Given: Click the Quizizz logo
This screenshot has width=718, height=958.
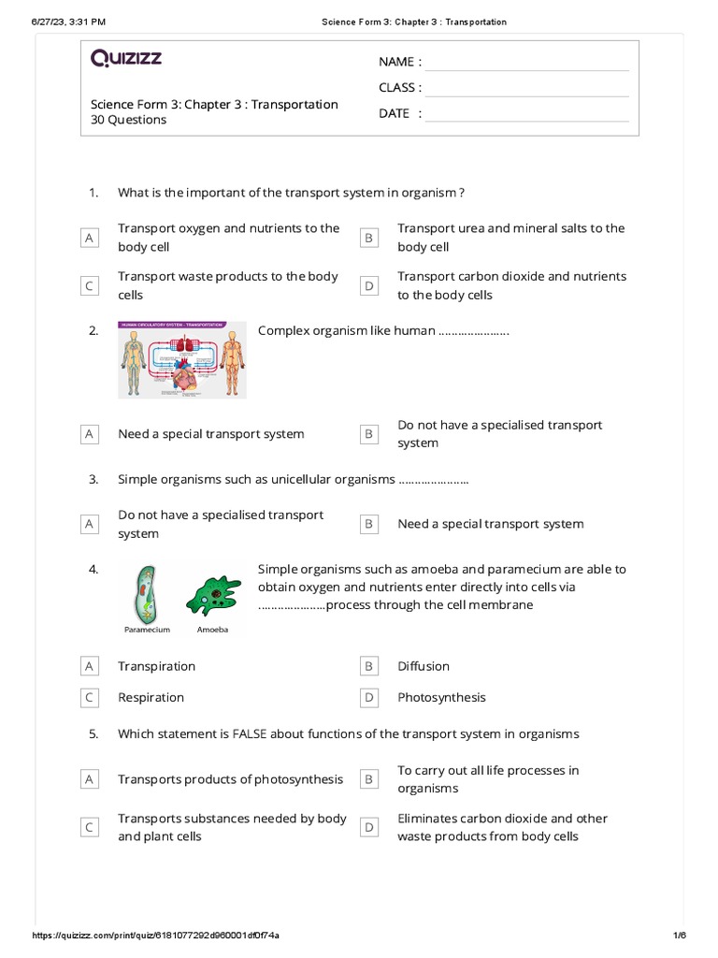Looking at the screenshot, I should coord(126,59).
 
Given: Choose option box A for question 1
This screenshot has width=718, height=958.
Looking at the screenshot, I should coord(90,239).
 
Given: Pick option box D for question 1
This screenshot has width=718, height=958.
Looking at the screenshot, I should coord(369,286).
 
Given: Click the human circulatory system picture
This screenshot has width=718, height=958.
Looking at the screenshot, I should coord(182,360).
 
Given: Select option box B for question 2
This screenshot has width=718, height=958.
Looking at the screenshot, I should coord(369,434).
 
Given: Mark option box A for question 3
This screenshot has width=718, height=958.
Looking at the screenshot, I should coord(90,525).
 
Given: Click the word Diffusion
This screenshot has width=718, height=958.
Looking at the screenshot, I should coord(424,666).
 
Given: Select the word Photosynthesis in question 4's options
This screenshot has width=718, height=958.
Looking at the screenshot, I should coord(441,697).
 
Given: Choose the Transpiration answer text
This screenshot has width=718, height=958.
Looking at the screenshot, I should coord(156,666).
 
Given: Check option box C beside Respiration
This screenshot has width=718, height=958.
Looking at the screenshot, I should coord(90,698).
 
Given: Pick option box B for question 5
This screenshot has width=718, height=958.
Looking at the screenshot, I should coord(369,779).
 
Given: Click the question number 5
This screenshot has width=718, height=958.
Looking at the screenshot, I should coord(93,733).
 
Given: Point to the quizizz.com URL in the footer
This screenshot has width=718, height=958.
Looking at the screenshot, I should coord(155,936).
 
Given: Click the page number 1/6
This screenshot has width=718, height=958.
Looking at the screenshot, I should coord(679,936).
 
